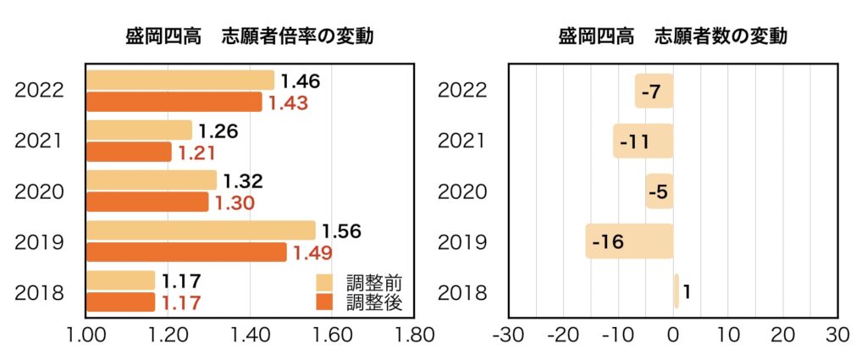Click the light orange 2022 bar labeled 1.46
(179, 80)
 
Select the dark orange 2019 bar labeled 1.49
(186, 252)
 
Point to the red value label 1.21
(197, 153)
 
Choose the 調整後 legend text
(373, 301)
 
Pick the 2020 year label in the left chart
(40, 191)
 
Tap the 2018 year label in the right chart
(461, 293)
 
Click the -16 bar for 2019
(629, 241)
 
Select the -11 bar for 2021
(643, 141)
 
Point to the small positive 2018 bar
(676, 291)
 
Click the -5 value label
(658, 192)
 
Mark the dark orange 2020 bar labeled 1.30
(147, 202)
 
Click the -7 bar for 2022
(654, 91)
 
